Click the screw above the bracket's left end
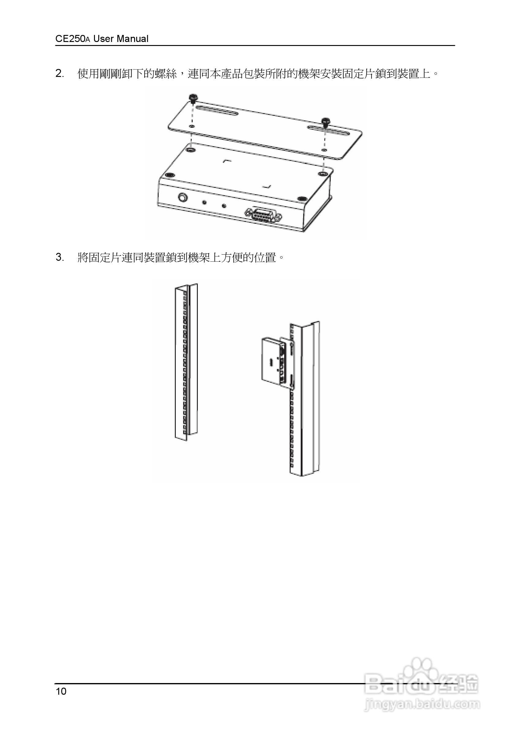click(193, 98)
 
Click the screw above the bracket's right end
click(326, 121)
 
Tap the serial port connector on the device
click(263, 215)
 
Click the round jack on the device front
click(183, 198)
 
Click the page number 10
click(61, 691)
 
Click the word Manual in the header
click(132, 39)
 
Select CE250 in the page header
click(70, 39)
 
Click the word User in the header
click(104, 39)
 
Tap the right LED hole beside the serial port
click(224, 206)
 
